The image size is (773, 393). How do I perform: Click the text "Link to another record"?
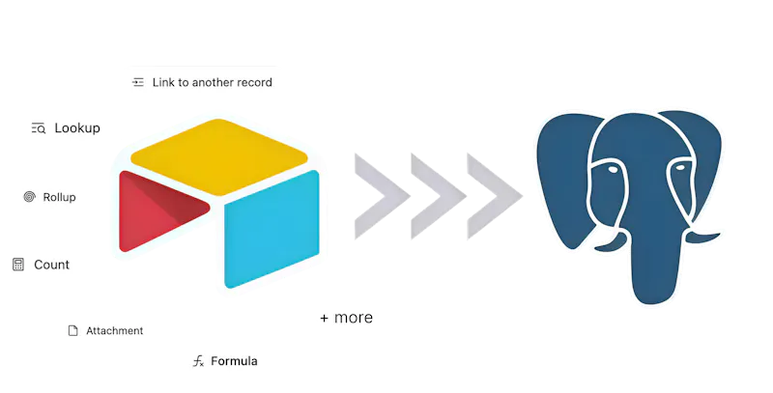212,82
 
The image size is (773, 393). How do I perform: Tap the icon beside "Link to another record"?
138,82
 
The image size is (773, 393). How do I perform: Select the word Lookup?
77,128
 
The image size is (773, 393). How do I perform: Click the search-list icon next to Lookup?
39,128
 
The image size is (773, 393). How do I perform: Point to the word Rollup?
59,197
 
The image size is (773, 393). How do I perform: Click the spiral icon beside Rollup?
30,197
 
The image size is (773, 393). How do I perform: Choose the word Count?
52,265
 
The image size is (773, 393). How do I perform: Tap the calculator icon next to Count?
18,265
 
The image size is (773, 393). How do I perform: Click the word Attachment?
114,331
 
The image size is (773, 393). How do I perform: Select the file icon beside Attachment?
73,330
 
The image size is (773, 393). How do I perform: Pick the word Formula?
234,361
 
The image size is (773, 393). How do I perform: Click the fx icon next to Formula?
198,361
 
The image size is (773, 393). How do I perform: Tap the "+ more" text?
347,318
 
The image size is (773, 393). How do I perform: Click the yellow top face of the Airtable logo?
219,156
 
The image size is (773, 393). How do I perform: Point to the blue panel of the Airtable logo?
272,230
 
